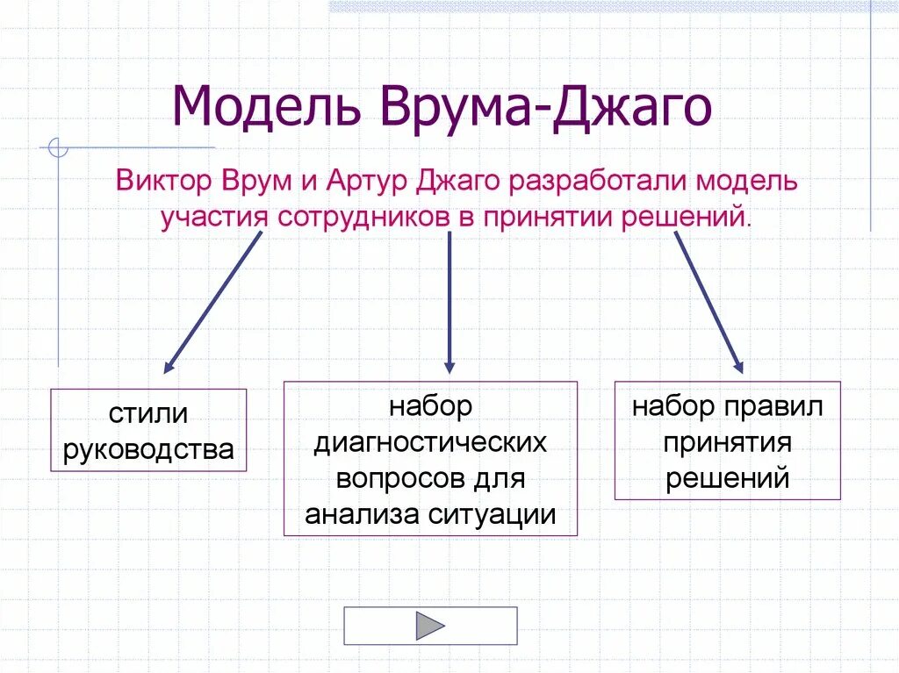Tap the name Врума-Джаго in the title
coord(545,106)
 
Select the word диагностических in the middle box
coord(430,443)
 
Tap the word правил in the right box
coord(773,407)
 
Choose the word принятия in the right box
coord(727,443)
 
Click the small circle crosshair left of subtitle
coord(58,147)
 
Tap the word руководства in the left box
coord(148,449)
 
